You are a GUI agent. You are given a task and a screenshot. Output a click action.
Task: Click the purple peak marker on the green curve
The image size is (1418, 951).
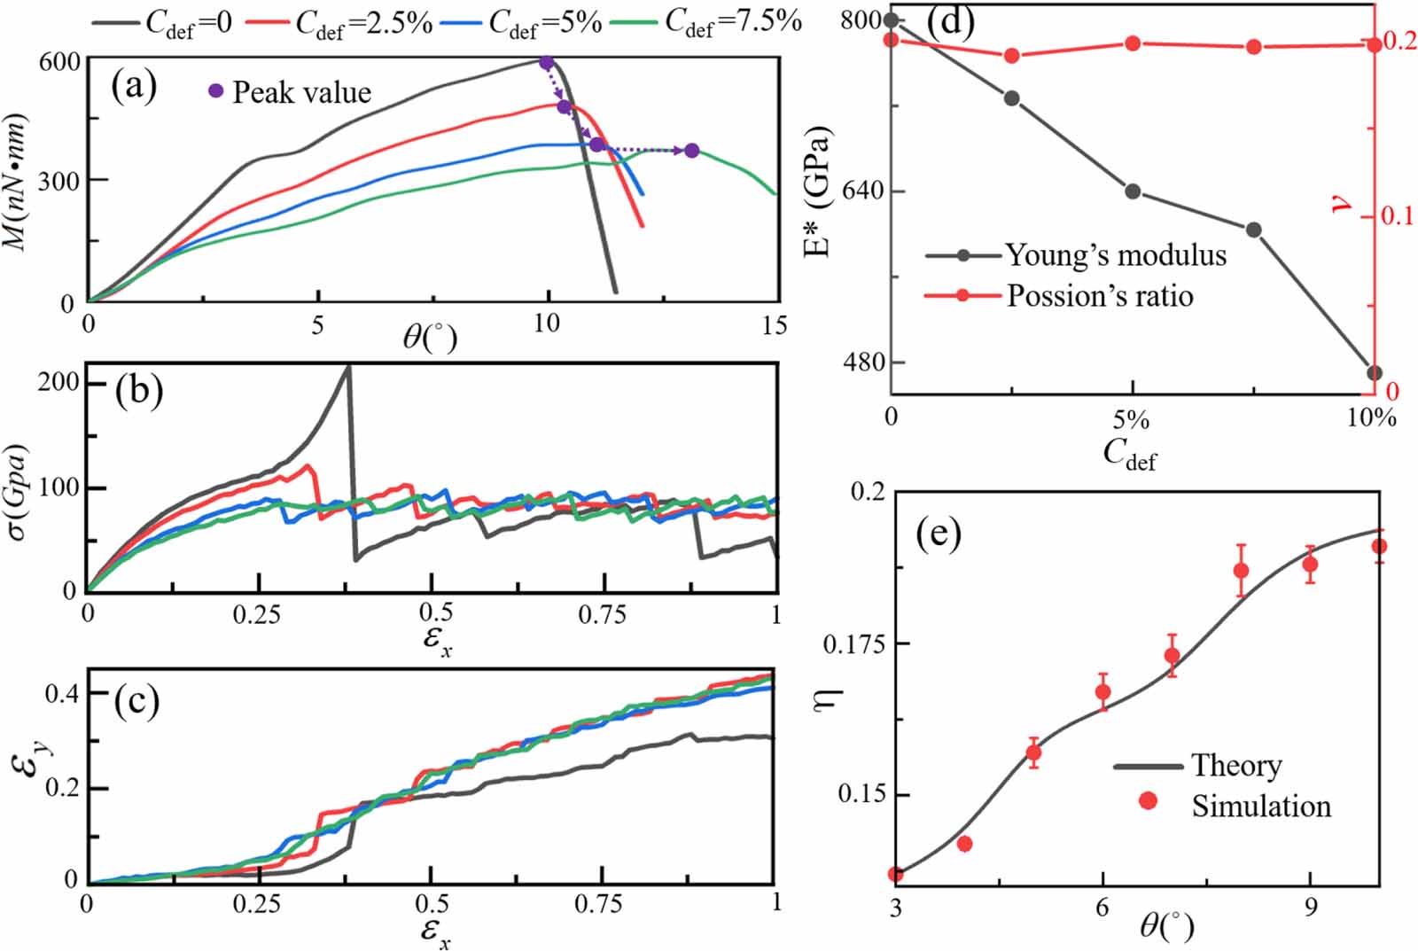(691, 151)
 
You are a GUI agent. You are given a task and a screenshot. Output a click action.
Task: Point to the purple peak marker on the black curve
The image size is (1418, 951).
(547, 63)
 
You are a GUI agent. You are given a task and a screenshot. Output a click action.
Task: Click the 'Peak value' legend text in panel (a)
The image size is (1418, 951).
(301, 92)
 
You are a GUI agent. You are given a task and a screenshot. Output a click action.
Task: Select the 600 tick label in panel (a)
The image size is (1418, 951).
(58, 62)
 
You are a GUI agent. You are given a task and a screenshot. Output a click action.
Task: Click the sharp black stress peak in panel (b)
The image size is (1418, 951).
(347, 367)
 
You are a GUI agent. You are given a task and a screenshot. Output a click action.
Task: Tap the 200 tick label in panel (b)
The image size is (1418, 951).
(58, 383)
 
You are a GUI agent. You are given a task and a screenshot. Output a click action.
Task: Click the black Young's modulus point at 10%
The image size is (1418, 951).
(1375, 373)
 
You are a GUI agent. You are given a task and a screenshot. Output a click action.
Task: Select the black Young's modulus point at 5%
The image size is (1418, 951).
(1133, 191)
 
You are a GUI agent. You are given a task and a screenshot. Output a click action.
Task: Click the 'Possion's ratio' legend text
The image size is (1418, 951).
(1099, 295)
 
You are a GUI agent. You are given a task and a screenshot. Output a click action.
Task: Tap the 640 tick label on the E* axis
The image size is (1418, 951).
(861, 191)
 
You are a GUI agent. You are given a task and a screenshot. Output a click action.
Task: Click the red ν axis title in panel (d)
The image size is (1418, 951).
(1344, 204)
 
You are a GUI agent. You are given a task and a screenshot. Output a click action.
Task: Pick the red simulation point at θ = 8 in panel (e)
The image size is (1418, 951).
(1242, 571)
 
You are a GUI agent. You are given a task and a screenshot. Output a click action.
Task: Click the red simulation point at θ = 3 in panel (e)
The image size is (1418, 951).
(896, 875)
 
